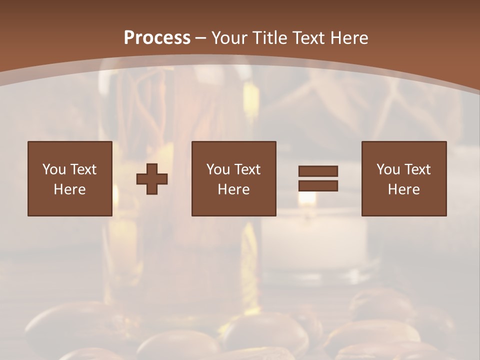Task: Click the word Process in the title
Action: [x=157, y=38]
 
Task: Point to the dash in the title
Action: [x=201, y=38]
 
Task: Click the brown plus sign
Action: [x=152, y=179]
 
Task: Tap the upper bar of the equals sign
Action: [x=318, y=171]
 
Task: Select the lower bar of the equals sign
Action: [x=318, y=186]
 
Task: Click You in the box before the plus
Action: [x=54, y=169]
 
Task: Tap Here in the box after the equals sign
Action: [x=403, y=189]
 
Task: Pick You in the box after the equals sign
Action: [x=388, y=169]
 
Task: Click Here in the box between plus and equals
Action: [x=233, y=189]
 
